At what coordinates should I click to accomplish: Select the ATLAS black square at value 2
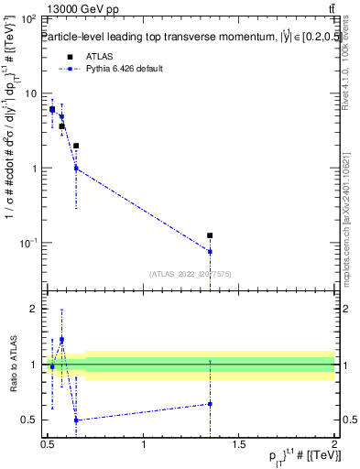(76, 146)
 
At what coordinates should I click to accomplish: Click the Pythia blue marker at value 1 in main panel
(76, 168)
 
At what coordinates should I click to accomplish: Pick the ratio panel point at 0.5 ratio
(76, 420)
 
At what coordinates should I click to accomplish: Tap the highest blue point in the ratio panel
(61, 340)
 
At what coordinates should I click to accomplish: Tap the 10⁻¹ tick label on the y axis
(27, 243)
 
